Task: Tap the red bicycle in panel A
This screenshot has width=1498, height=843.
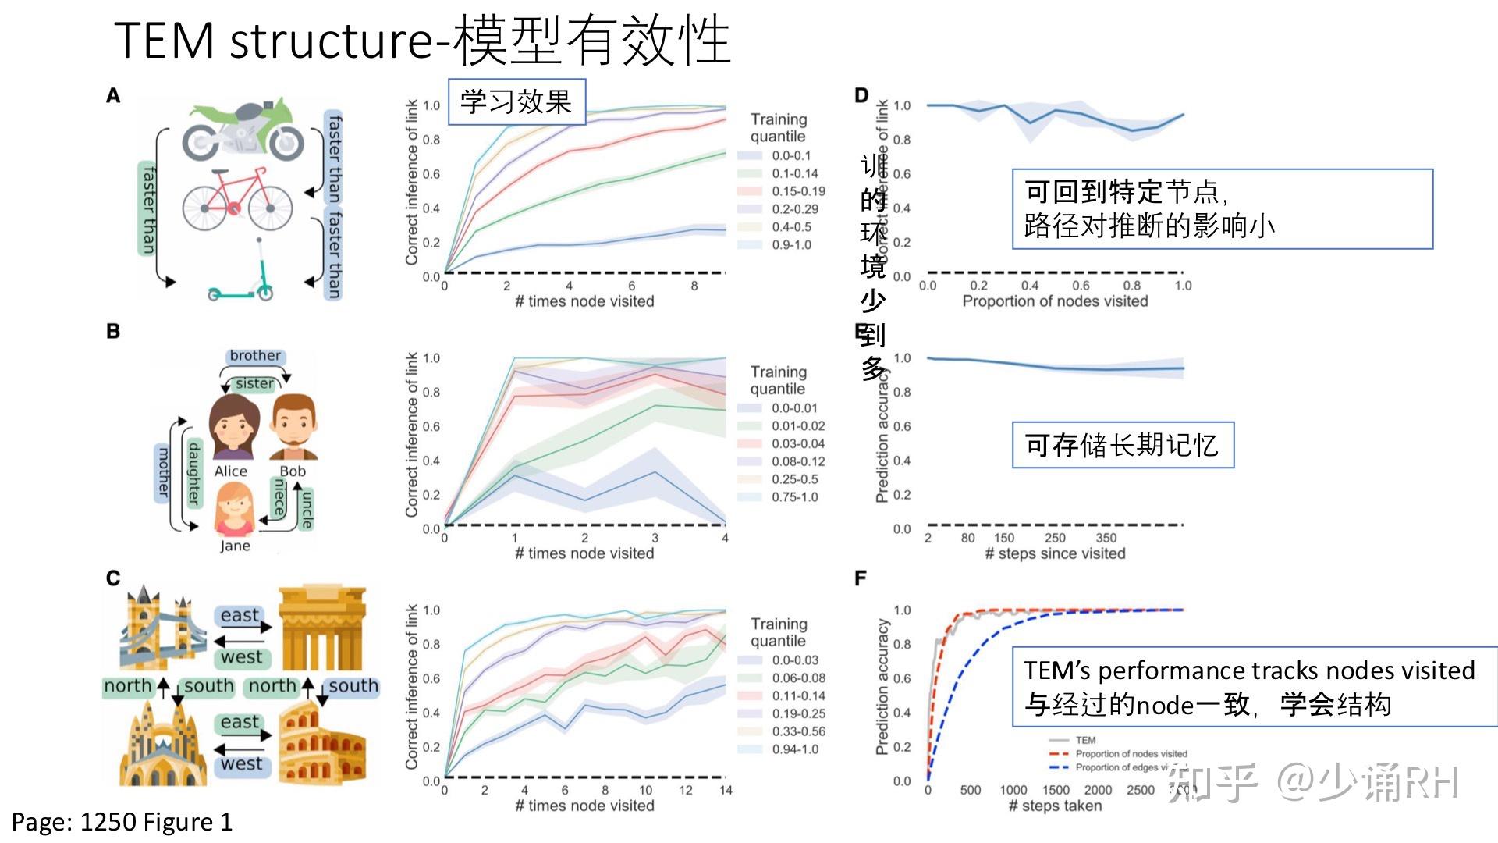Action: pos(237,201)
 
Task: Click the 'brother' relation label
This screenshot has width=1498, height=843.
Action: pos(255,356)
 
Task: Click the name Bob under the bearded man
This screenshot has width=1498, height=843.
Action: pos(293,471)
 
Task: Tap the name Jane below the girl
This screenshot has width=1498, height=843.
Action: pos(235,546)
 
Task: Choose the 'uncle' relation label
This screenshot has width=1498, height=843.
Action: pos(307,510)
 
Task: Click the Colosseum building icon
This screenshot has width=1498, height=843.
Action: pos(321,744)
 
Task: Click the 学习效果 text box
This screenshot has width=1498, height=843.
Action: pos(516,101)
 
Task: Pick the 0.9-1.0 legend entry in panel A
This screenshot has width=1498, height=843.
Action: pos(791,245)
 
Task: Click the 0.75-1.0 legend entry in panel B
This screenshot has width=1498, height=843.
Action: pos(794,497)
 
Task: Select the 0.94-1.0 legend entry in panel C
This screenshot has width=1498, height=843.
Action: pos(795,749)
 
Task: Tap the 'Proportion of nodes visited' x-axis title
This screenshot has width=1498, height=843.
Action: pos(1055,301)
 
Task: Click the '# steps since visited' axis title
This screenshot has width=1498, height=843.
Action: pos(1055,553)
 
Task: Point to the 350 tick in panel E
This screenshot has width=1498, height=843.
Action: pos(1106,538)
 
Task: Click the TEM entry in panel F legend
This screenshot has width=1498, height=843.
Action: pos(1084,740)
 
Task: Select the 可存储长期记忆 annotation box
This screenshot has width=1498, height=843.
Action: pos(1122,445)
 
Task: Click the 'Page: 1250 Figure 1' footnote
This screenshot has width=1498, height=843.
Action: pos(122,822)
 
